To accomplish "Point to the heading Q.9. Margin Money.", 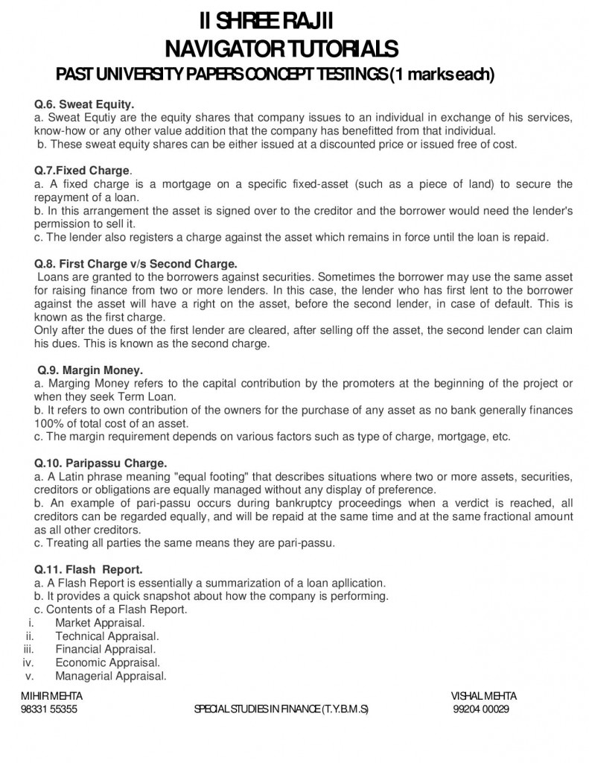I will (x=91, y=370).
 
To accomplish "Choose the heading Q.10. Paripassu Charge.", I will (x=101, y=463).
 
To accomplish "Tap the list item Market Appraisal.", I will (x=100, y=622).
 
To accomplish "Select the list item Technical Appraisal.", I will (x=106, y=636).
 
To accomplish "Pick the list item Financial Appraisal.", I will (x=104, y=649).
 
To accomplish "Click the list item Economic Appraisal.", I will (x=107, y=662).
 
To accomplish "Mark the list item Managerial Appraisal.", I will (x=110, y=676).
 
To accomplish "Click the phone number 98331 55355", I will (x=49, y=709).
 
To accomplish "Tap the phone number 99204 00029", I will (x=481, y=709).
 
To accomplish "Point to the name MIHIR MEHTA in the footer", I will (x=52, y=696).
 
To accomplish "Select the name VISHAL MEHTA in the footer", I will (x=484, y=696).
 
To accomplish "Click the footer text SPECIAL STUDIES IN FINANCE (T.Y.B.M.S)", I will (x=281, y=709).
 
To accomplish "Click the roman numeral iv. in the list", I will (x=29, y=662).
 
